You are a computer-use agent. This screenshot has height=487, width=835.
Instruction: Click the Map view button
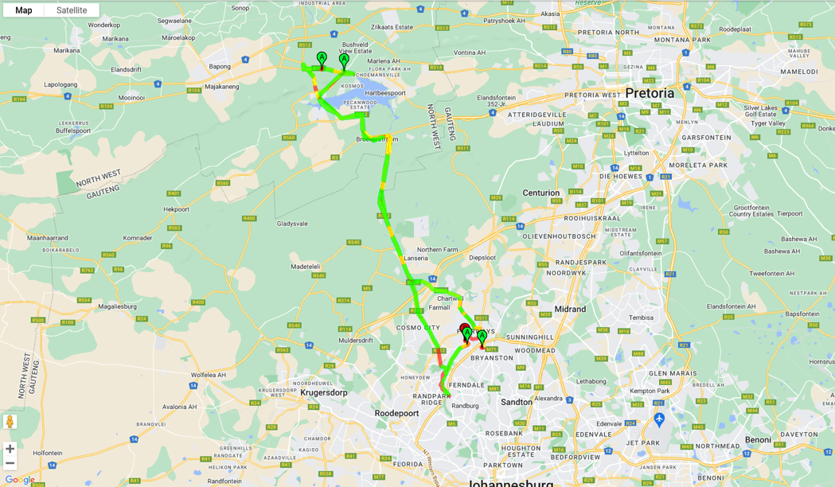(x=24, y=10)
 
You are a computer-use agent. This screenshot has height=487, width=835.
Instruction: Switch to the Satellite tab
(x=72, y=10)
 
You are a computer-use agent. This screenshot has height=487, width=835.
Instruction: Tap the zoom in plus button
(x=10, y=449)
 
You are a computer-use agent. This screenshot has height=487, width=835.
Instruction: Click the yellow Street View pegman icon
(x=10, y=421)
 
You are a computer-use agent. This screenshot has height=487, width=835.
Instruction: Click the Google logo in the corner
(x=19, y=480)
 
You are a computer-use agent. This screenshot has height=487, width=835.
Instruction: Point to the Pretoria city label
(x=649, y=93)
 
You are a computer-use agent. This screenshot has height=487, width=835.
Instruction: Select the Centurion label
(x=540, y=193)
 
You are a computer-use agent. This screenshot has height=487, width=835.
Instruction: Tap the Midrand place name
(x=570, y=309)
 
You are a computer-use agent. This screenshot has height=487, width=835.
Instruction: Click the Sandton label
(x=516, y=402)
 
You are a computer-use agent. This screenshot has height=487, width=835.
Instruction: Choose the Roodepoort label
(x=398, y=413)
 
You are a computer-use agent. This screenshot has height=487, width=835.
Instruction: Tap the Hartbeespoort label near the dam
(x=385, y=93)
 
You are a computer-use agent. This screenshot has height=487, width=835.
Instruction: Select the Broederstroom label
(x=376, y=139)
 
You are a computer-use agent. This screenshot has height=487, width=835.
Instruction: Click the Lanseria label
(x=416, y=258)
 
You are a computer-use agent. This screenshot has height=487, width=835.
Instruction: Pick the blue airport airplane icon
(x=658, y=419)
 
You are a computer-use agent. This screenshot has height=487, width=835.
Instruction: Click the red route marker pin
(x=465, y=328)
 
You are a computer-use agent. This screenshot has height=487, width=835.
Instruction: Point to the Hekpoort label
(x=176, y=209)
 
